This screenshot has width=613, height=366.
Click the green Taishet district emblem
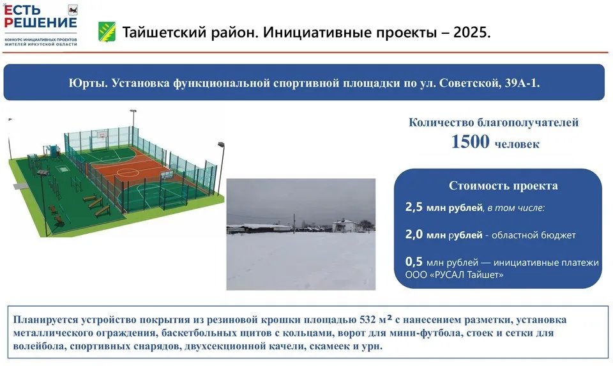(x=107, y=32)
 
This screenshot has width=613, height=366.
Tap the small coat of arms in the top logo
(x=73, y=10)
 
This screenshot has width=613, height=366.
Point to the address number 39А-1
(x=522, y=83)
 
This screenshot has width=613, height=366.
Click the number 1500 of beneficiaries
(x=470, y=142)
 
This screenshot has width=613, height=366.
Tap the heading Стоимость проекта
(x=503, y=185)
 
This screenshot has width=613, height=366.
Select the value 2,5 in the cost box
(x=414, y=207)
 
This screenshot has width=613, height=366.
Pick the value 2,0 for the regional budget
(x=414, y=234)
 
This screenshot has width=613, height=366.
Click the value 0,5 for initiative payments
(x=414, y=261)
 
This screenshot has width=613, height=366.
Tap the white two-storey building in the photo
(x=346, y=225)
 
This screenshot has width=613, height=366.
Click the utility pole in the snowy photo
(x=294, y=224)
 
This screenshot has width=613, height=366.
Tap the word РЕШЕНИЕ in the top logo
(x=41, y=23)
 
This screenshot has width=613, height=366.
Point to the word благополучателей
(x=528, y=123)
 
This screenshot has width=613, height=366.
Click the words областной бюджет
(x=533, y=235)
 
